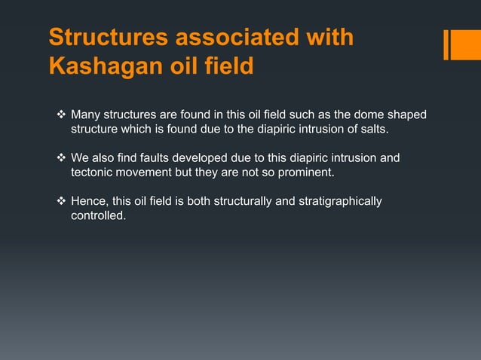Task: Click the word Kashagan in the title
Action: point(100,66)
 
